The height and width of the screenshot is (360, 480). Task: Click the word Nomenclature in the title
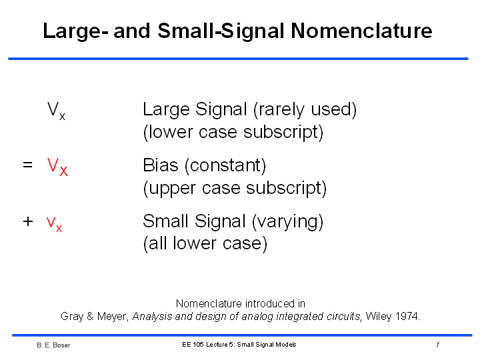tap(361, 31)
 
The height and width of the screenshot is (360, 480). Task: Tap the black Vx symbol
tap(56, 111)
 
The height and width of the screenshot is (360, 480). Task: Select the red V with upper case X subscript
tap(57, 167)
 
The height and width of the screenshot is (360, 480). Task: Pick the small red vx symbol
tap(54, 225)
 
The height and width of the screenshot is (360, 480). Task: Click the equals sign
tap(27, 165)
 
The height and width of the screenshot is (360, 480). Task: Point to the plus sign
tap(28, 221)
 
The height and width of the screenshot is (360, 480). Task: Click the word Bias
tap(161, 165)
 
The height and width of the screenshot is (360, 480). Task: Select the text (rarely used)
tap(305, 109)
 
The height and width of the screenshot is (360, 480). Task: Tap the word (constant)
tap(225, 166)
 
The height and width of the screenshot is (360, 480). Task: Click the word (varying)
tap(287, 221)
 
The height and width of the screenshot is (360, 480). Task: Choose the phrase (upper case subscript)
tap(235, 188)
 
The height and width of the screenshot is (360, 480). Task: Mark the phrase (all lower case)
tap(205, 244)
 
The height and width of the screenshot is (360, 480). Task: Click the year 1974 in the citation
tap(408, 316)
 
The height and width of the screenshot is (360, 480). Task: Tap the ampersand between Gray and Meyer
tap(90, 316)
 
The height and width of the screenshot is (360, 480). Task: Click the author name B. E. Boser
tap(53, 345)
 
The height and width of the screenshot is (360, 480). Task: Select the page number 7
tap(438, 345)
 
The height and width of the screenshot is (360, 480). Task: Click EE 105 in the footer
tap(193, 345)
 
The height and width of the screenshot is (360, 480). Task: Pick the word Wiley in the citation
tap(379, 317)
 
